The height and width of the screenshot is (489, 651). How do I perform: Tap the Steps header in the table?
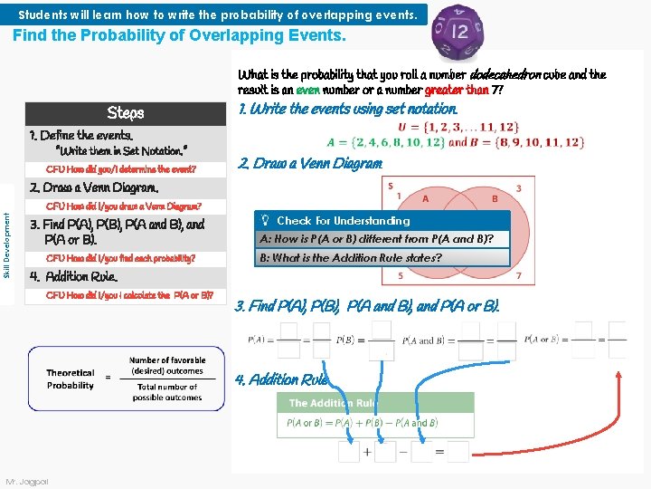(126, 113)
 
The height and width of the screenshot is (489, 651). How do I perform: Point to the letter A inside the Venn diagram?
(425, 199)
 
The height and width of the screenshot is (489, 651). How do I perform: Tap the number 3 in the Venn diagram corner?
(518, 189)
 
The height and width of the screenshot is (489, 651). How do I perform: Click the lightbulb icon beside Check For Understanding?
(265, 221)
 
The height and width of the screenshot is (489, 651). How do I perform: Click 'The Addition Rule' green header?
(331, 403)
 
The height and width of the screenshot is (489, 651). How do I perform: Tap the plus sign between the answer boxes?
(367, 452)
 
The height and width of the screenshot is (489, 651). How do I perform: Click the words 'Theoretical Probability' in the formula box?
(71, 379)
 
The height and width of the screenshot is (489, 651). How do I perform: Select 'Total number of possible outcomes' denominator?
(167, 392)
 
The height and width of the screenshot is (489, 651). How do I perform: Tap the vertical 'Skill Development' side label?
(8, 244)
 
